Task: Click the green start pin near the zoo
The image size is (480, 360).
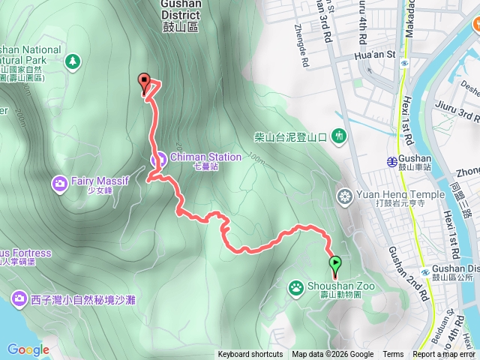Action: click(334, 265)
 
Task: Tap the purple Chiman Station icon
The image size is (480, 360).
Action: click(159, 157)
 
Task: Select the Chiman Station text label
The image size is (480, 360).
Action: click(205, 157)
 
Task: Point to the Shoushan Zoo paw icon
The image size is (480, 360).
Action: click(297, 286)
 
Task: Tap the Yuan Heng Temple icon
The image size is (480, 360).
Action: click(345, 197)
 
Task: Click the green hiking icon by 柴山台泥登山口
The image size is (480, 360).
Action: click(339, 136)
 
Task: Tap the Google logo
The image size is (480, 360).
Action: click(28, 349)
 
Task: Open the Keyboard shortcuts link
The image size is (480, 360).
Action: click(250, 355)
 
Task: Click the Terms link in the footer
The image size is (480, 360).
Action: click(392, 355)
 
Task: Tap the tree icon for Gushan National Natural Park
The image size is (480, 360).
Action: click(73, 60)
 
